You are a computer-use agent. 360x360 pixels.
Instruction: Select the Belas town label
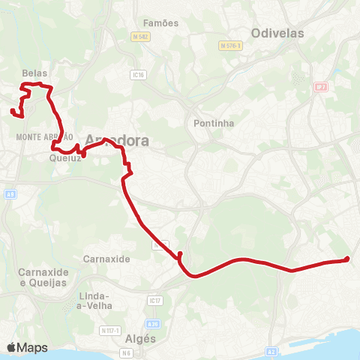(35, 73)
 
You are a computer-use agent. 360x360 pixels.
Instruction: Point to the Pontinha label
(214, 122)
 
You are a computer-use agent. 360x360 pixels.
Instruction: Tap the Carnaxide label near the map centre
(107, 258)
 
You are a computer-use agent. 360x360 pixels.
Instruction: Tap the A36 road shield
(153, 324)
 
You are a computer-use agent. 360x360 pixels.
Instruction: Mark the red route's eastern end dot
(346, 259)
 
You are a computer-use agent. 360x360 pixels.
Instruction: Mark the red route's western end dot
(13, 112)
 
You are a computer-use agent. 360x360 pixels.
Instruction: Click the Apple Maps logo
(27, 347)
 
